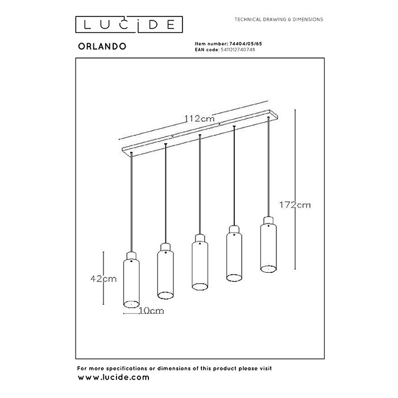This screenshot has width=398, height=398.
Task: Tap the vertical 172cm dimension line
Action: coord(295,188)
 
